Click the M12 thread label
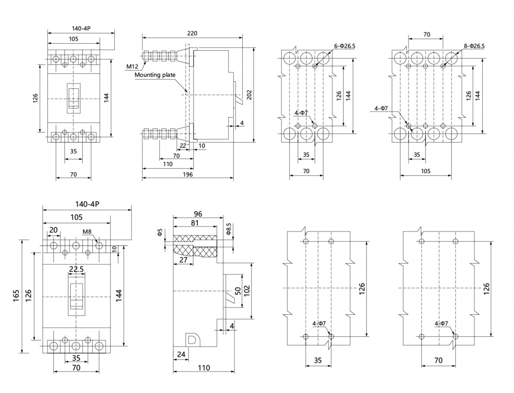pos(132,67)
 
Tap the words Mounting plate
pos(155,75)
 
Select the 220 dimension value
pos(192,33)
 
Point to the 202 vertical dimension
pos(249,95)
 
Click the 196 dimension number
pos(188,174)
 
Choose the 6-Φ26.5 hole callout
pos(345,46)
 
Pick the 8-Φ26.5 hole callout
pos(474,46)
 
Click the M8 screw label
pos(87,232)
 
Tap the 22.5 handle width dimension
pos(76,269)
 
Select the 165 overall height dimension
pos(16,296)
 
